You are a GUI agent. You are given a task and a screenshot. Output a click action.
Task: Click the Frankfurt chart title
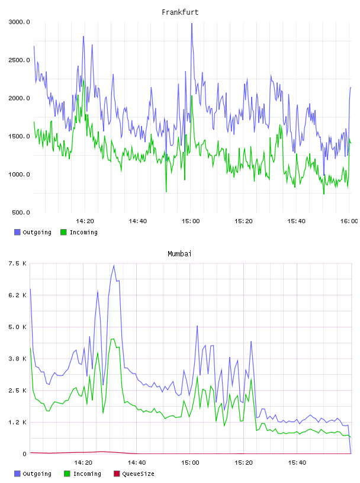pyautogui.click(x=180, y=12)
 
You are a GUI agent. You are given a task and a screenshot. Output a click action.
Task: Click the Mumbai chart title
pyautogui.click(x=179, y=254)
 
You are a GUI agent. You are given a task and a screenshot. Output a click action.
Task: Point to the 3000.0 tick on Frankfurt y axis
pyautogui.click(x=19, y=22)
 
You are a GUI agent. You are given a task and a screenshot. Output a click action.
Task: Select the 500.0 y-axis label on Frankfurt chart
pyautogui.click(x=21, y=212)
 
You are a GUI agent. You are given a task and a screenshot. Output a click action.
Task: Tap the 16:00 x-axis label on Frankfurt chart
pyautogui.click(x=349, y=221)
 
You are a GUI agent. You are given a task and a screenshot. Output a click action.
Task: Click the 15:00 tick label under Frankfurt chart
pyautogui.click(x=191, y=221)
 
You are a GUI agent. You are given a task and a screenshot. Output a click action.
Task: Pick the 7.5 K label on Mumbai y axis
pyautogui.click(x=18, y=263)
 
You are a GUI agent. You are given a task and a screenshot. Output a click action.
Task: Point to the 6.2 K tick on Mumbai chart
pyautogui.click(x=18, y=295)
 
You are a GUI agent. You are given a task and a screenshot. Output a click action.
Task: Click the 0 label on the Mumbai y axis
pyautogui.click(x=25, y=454)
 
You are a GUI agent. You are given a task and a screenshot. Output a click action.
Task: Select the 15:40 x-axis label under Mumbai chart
pyautogui.click(x=297, y=463)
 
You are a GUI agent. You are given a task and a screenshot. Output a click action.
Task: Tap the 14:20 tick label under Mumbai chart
pyautogui.click(x=83, y=463)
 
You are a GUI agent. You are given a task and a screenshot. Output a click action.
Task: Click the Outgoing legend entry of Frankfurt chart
pyautogui.click(x=33, y=232)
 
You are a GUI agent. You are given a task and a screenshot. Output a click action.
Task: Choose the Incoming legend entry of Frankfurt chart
pyautogui.click(x=79, y=232)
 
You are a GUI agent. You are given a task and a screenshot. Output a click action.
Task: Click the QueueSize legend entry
pyautogui.click(x=134, y=474)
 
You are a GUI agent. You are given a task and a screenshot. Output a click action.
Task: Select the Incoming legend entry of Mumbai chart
pyautogui.click(x=83, y=474)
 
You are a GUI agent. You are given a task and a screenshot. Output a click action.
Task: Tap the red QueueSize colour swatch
pyautogui.click(x=117, y=474)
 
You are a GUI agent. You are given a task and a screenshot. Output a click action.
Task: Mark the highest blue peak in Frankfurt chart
pyautogui.click(x=192, y=24)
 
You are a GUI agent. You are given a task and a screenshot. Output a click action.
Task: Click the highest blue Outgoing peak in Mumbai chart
pyautogui.click(x=114, y=265)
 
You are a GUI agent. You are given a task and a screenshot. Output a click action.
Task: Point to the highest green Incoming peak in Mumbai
pyautogui.click(x=113, y=339)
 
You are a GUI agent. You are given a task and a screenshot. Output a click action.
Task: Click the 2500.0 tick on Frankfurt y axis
pyautogui.click(x=19, y=60)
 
